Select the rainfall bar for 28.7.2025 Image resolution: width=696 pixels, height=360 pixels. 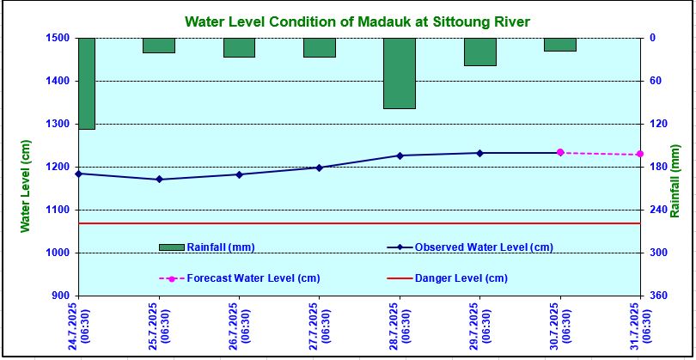pos(400,73)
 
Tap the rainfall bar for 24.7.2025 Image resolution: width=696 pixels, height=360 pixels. pos(86,83)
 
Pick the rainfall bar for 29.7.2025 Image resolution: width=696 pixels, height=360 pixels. pos(479,52)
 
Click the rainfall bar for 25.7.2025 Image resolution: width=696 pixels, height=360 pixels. pos(159,46)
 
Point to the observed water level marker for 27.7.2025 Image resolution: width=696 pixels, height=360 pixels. pos(319,168)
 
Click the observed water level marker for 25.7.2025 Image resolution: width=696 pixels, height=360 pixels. pos(159,180)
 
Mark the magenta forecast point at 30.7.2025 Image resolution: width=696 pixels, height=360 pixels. pos(560,152)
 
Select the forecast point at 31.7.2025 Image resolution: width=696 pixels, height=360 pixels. pos(640,155)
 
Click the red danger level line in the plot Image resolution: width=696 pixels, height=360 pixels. pos(361,223)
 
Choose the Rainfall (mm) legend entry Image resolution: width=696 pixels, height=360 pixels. pos(206,247)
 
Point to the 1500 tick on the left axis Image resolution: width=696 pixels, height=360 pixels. pos(58,38)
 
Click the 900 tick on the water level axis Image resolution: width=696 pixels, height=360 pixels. pos(61,296)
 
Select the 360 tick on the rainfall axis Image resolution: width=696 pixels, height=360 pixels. pos(659,296)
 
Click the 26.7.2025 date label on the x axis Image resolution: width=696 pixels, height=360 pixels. pos(238,326)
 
